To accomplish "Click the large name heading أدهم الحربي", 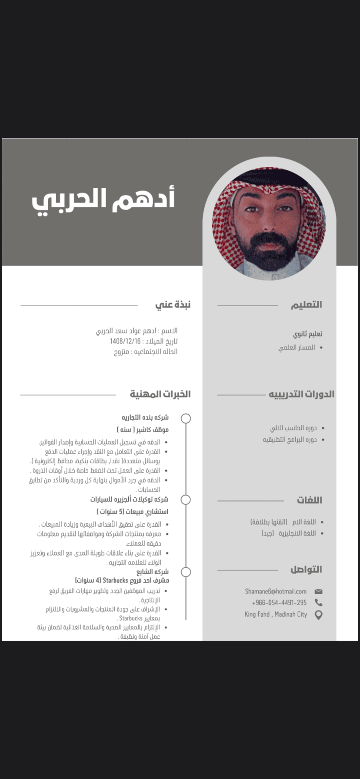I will click(103, 200).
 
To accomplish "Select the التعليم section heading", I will click(307, 305).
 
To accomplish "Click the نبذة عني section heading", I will click(173, 305).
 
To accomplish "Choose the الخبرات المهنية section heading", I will click(160, 394).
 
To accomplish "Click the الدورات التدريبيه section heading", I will click(301, 394).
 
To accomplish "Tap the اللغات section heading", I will click(309, 500).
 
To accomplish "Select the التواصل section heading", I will click(306, 569).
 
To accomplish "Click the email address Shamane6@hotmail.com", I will click(276, 591).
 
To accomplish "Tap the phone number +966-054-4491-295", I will click(279, 603).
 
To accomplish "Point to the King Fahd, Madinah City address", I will click(276, 614).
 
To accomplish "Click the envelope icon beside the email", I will click(318, 591).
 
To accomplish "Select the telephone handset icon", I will click(318, 603).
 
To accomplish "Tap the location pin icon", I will click(318, 615).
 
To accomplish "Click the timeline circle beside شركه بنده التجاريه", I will click(186, 418).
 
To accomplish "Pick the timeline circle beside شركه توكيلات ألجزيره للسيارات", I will click(186, 499).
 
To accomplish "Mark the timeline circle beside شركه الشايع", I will click(186, 572).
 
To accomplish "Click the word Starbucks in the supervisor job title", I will click(115, 580).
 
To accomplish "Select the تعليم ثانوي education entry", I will click(307, 334).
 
